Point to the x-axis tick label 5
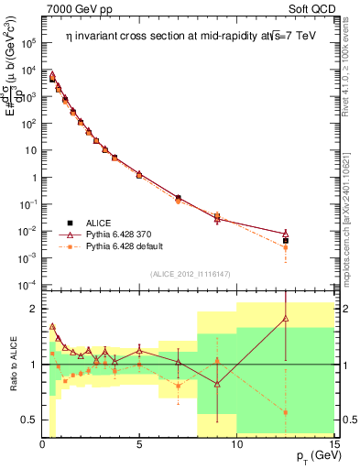coord(139,444)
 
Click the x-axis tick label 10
coord(236,444)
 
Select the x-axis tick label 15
coord(332,444)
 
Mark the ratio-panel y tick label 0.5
coord(29,420)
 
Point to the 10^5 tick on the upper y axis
coord(29,42)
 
